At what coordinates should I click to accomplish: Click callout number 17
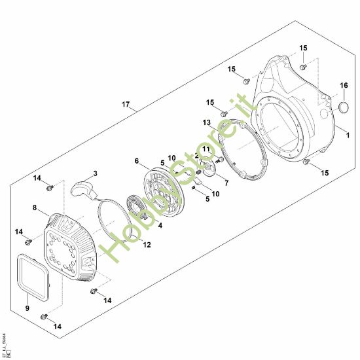pos(126,105)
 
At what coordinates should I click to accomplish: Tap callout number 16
pos(344,86)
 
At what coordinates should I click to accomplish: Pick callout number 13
pos(206,122)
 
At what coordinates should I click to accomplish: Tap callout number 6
pos(136,161)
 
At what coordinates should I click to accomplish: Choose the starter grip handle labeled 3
pos(84,187)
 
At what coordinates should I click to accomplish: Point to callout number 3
pos(95,173)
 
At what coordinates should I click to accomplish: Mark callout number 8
pos(35,208)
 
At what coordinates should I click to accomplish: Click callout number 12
pos(147,245)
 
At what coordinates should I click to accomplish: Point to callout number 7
pos(226,183)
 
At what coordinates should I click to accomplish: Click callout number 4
pos(160,226)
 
